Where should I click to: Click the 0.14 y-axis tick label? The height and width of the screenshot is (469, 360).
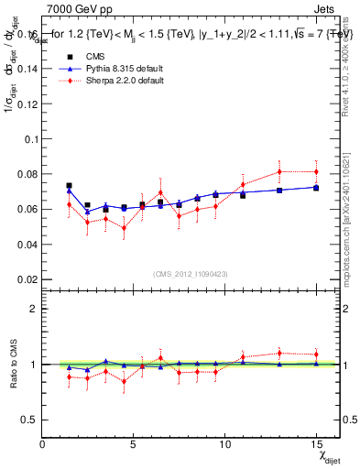[26, 69]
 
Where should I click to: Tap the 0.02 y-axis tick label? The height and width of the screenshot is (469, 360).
[26, 279]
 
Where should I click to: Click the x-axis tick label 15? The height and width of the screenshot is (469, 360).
[316, 444]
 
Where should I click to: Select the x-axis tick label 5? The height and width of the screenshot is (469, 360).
[134, 444]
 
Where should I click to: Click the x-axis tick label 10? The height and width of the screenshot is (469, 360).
[224, 444]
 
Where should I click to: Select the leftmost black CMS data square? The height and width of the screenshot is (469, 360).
[69, 186]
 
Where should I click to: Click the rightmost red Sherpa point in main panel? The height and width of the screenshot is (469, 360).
[316, 171]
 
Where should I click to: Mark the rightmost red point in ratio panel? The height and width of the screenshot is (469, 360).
[316, 354]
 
